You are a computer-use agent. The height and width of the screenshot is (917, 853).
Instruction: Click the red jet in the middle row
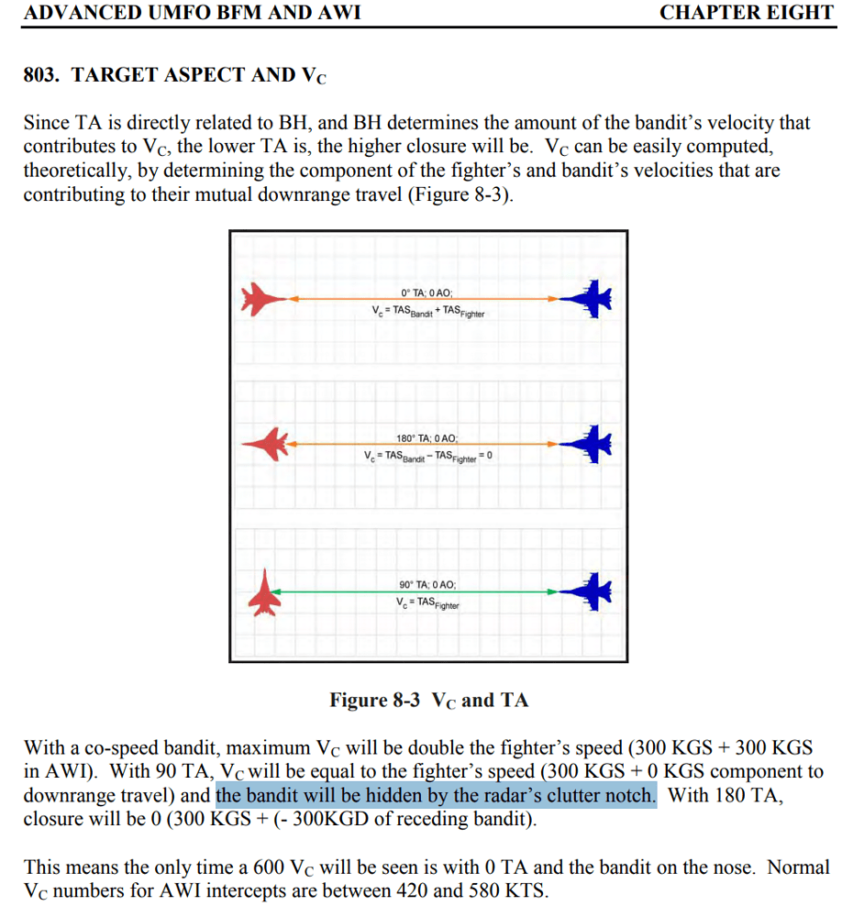(265, 444)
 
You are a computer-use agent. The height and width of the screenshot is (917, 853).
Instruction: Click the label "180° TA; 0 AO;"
(427, 439)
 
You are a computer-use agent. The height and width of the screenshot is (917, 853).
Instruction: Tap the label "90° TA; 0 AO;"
(427, 585)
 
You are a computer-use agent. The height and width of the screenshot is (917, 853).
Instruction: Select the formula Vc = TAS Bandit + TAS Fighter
(427, 312)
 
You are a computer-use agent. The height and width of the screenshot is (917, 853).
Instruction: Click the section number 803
(41, 75)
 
